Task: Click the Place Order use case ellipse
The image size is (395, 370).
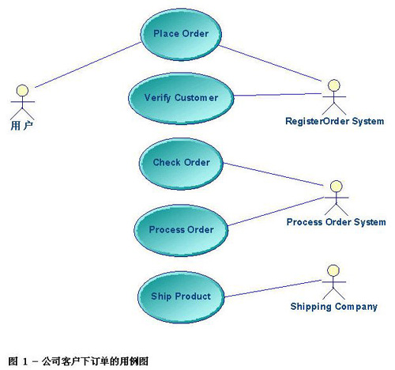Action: (x=181, y=34)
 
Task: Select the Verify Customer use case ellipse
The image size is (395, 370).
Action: (x=181, y=98)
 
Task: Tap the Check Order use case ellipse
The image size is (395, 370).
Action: (x=181, y=164)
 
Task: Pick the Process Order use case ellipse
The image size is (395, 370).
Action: (x=181, y=230)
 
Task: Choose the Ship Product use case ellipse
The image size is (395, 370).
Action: (x=181, y=297)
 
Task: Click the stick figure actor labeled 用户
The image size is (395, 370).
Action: (x=22, y=102)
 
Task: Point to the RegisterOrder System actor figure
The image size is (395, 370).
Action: (x=334, y=97)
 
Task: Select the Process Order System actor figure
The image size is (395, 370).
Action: (x=337, y=198)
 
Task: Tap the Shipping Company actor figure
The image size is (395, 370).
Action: (x=333, y=282)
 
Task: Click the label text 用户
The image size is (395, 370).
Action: (x=22, y=126)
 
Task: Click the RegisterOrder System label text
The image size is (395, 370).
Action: (x=334, y=121)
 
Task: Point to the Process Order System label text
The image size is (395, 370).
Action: (x=336, y=222)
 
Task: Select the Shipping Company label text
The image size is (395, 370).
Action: (x=334, y=307)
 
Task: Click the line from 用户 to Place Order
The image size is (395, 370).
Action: (x=88, y=65)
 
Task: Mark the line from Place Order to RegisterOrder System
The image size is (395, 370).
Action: (x=270, y=63)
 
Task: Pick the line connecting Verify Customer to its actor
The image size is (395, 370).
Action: (x=277, y=94)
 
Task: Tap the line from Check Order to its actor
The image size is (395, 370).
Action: (x=273, y=174)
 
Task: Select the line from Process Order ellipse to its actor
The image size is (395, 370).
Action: (x=276, y=211)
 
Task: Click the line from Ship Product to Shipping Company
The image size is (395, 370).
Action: (x=273, y=289)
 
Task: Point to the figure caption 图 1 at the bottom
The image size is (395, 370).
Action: (x=78, y=361)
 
